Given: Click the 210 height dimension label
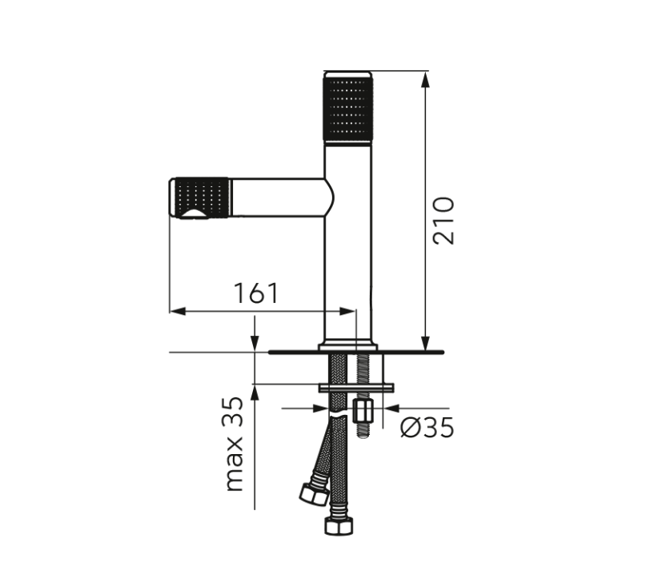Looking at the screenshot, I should (443, 221).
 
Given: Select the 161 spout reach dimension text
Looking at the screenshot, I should (256, 293).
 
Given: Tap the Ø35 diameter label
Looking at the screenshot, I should (427, 428).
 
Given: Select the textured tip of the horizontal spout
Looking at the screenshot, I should (200, 197).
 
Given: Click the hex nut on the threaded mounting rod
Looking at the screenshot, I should (362, 412).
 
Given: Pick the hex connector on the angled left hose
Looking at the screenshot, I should (314, 493).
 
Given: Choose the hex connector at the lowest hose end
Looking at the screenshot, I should (339, 526).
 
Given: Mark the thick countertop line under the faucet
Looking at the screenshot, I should (356, 351).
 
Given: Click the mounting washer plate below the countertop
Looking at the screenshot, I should (356, 388).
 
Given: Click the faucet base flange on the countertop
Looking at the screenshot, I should (348, 346).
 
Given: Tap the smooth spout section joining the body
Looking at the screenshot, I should (280, 197).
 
